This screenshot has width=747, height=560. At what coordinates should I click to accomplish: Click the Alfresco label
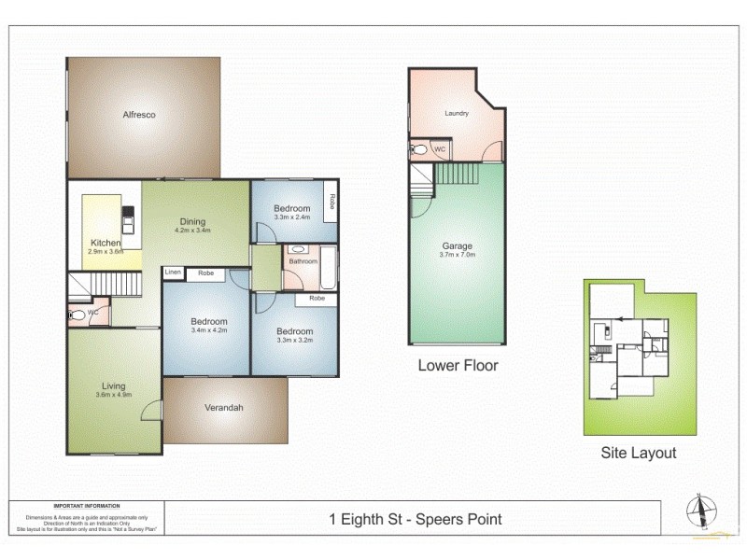pos(139,115)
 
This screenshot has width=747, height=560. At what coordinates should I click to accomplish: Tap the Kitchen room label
pos(106,243)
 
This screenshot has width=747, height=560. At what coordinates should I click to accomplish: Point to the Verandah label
pos(223,408)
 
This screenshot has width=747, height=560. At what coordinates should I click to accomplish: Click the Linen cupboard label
pos(173,273)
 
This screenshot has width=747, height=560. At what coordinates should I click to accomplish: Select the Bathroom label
pos(303,261)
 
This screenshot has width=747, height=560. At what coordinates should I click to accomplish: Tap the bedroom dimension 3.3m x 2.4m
pos(291,217)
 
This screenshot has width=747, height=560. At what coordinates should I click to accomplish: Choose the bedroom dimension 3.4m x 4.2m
pos(207,330)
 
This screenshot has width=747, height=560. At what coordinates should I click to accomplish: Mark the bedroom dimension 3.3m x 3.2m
pos(293,340)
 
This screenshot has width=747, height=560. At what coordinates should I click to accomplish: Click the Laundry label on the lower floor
pos(456,114)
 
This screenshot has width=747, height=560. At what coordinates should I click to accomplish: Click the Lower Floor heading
pos(458,365)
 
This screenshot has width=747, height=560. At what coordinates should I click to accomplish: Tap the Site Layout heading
pos(639,454)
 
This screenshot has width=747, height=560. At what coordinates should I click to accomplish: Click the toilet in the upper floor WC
pos(78,315)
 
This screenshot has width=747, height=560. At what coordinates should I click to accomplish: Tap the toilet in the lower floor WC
pos(419,150)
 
